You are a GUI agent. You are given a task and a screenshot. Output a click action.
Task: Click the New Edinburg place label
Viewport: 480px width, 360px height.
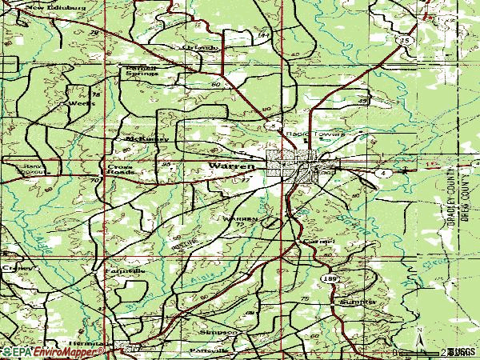coord(47,9)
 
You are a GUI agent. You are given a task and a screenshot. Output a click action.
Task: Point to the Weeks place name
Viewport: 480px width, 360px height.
coord(78,103)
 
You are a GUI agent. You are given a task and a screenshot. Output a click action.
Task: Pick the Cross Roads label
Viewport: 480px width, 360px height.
coord(120,170)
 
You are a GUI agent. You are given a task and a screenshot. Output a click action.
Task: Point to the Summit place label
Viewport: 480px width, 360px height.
coord(356,302)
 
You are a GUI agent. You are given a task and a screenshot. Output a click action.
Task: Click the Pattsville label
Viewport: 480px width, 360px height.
coord(208,350)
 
